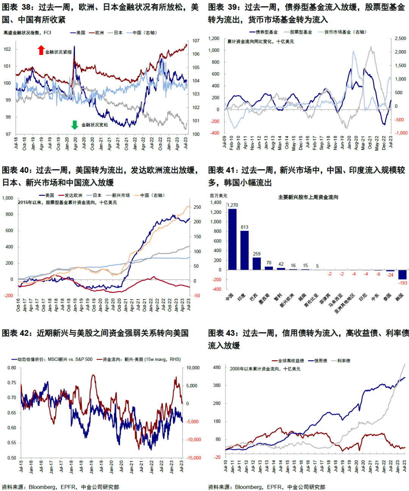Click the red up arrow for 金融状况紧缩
[41, 50]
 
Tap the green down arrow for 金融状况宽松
[75, 125]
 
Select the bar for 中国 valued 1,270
[232, 239]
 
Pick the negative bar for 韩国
[402, 275]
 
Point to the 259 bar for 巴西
[256, 264]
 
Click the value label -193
[402, 283]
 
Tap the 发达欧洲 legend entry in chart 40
[70, 196]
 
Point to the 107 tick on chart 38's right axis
[196, 41]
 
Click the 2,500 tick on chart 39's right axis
[400, 39]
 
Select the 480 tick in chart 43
[217, 368]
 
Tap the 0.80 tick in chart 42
[12, 368]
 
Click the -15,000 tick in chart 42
[193, 458]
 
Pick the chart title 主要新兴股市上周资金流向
[308, 197]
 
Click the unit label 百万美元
[219, 196]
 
